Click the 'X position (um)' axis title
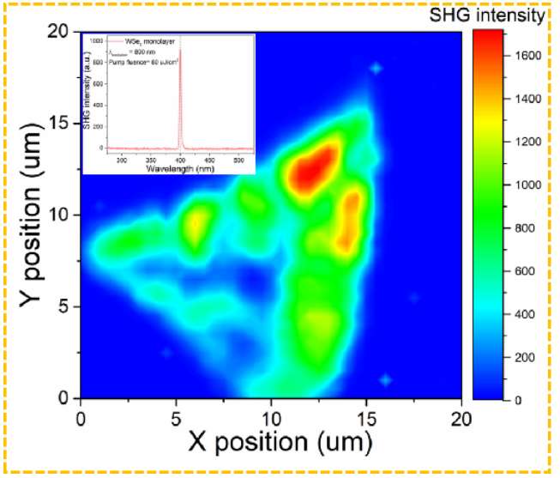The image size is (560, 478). [271, 443]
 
